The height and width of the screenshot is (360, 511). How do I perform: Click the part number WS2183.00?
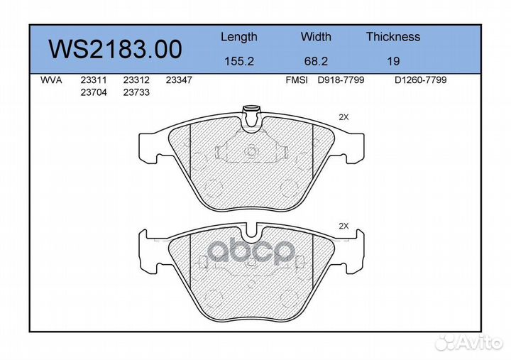coord(114,49)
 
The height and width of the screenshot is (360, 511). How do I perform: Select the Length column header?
coord(238,37)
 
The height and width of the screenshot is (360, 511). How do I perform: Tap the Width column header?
coord(315,37)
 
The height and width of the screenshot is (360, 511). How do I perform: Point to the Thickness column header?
coord(392,37)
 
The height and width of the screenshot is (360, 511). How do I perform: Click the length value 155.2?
coord(238,61)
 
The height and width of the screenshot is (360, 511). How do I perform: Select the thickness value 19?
coord(393,61)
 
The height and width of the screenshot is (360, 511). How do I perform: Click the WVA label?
coord(51,80)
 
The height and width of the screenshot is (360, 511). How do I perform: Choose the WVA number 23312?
coord(136,80)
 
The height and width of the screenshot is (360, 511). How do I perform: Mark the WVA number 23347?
coord(178,80)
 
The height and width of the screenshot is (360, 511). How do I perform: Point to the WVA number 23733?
coord(136,92)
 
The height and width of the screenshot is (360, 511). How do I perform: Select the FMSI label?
coord(296,80)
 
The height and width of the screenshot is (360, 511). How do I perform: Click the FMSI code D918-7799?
coord(340,80)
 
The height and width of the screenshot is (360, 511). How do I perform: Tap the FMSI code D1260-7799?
coord(420,80)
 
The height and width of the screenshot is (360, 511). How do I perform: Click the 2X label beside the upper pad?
coord(344,117)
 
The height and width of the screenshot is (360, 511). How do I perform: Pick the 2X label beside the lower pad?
coord(344,226)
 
